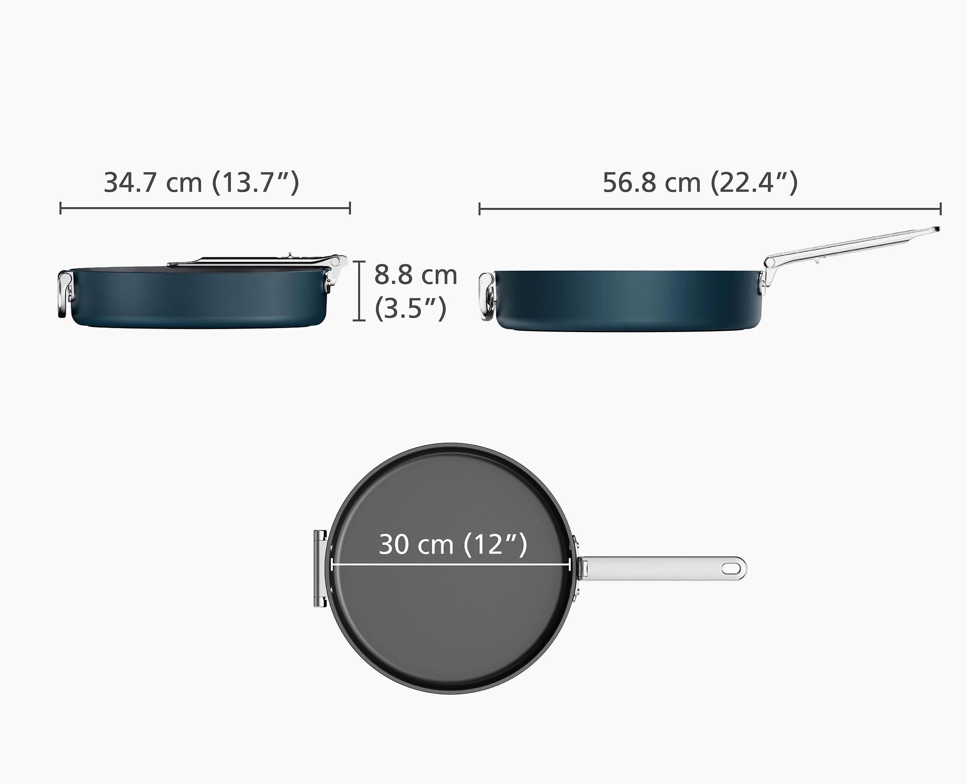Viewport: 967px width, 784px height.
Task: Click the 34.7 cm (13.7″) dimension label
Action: click(202, 182)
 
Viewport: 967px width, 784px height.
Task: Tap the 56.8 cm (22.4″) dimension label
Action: click(700, 182)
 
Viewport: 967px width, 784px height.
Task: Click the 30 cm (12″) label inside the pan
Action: click(452, 544)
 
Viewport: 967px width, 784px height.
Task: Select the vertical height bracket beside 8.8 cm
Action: click(359, 291)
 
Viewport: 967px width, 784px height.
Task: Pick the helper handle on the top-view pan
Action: click(320, 569)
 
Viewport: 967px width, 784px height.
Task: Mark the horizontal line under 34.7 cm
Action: click(205, 208)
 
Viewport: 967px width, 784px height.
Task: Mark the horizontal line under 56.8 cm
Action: click(709, 209)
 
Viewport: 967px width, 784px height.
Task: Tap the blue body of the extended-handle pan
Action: click(628, 301)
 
